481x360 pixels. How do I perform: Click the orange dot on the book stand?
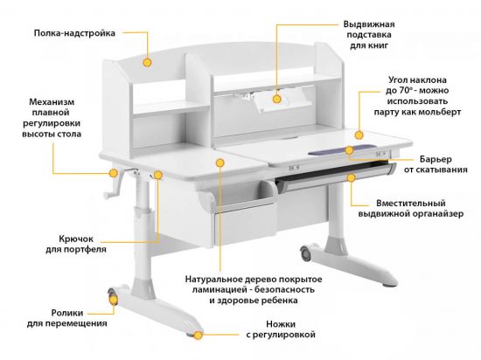[x=276, y=99]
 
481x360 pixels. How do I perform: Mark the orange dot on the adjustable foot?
[x=199, y=334]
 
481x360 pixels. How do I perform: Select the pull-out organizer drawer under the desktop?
[x=332, y=180]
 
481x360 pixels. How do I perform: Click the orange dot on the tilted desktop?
[x=359, y=135]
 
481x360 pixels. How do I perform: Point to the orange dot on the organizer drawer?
[x=350, y=177]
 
